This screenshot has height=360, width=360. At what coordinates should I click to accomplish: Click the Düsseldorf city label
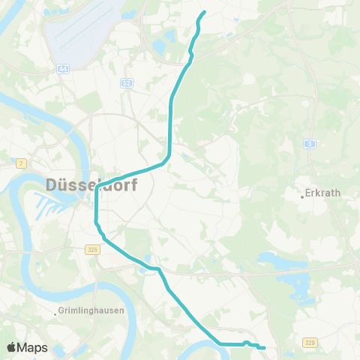[91, 184]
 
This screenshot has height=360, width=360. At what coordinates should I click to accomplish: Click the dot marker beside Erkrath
[302, 196]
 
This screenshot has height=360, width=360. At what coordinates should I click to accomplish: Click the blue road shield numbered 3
[309, 143]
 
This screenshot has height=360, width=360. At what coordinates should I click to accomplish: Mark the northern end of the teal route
[205, 11]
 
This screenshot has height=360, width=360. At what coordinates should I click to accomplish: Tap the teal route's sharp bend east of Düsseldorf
[170, 154]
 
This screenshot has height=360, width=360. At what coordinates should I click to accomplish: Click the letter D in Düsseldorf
[52, 184]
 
